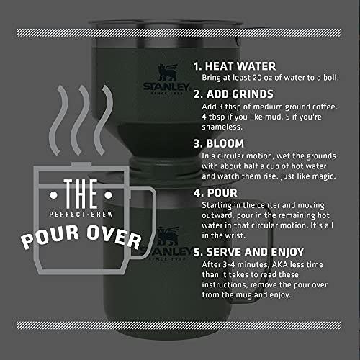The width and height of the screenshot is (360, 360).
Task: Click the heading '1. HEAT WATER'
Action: pos(234,65)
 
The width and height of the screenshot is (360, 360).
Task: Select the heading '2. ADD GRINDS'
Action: pos(234,94)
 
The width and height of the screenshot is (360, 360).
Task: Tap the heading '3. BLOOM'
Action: pos(220,143)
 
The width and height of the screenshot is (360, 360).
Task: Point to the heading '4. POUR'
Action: pos(215,194)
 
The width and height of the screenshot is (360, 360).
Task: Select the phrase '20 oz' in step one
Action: pos(263,77)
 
